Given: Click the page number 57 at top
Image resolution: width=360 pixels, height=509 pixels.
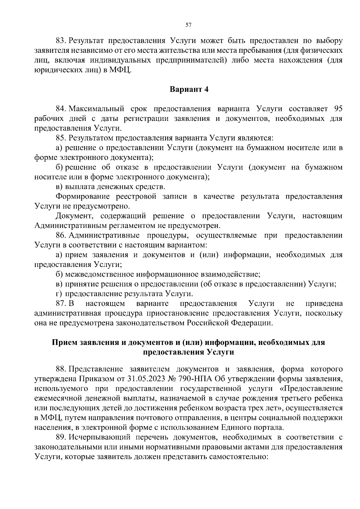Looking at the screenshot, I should [188, 25].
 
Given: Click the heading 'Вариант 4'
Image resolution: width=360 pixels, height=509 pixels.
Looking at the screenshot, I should [189, 89].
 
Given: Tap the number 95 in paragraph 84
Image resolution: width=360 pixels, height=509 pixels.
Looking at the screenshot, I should [337, 109].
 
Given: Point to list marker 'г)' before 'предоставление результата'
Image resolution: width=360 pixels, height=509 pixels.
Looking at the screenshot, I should [59, 294].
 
